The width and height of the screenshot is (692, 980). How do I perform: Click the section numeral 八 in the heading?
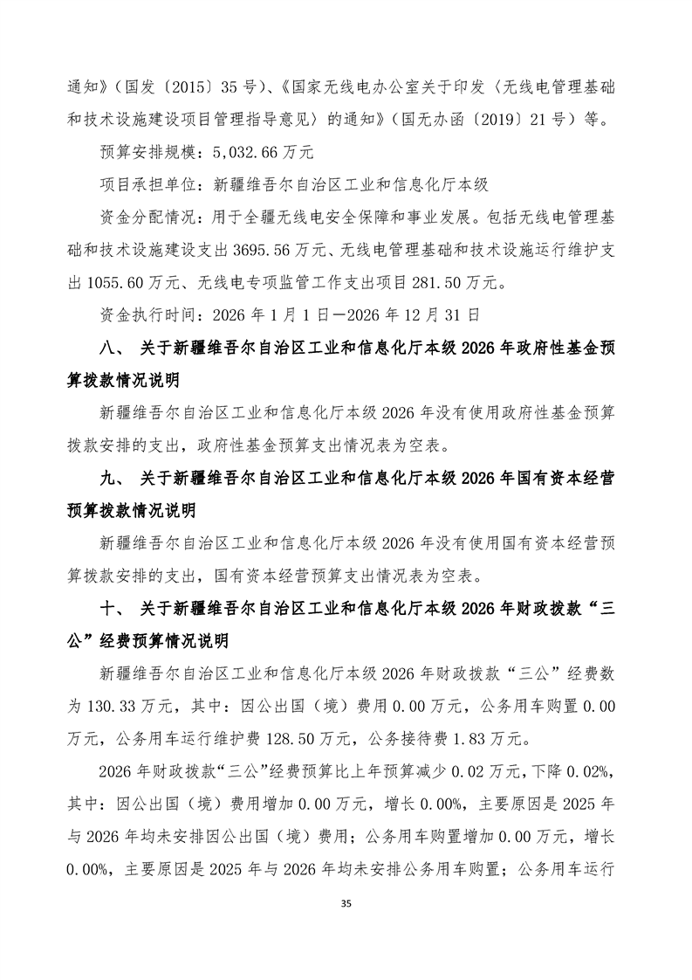[108, 348]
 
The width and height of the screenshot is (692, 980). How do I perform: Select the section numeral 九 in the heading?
[108, 477]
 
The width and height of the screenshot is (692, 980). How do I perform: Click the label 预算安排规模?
[150, 151]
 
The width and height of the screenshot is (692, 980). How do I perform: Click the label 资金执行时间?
[150, 314]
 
